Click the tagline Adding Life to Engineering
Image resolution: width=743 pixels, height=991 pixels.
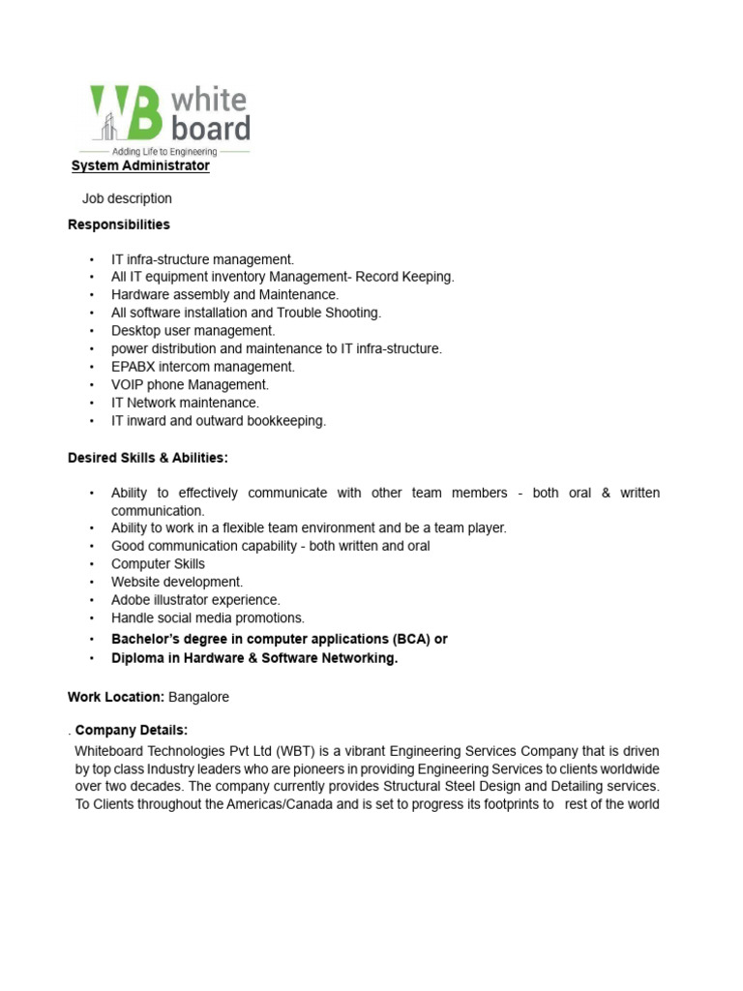pos(163,151)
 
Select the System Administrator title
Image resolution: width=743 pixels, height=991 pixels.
pos(141,165)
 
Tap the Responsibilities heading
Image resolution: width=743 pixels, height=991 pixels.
pos(119,225)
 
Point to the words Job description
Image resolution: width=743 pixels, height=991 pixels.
pos(127,198)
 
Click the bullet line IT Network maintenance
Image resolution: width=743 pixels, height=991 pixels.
pos(185,403)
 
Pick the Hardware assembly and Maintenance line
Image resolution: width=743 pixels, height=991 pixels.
pos(224,294)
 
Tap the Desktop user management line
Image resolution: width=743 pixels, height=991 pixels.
pos(193,331)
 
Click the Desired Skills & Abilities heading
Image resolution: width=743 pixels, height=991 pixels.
pos(148,458)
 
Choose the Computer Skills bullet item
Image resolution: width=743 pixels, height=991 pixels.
pos(158,564)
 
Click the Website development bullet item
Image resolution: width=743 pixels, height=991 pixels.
pos(177,582)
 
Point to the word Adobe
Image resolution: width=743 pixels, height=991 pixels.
pos(131,600)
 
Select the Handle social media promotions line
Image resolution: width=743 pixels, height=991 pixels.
pos(207,617)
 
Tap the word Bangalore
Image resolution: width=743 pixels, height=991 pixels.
pos(199,697)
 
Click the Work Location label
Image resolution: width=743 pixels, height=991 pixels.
pos(116,697)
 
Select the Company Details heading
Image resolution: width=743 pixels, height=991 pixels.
pos(132,730)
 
